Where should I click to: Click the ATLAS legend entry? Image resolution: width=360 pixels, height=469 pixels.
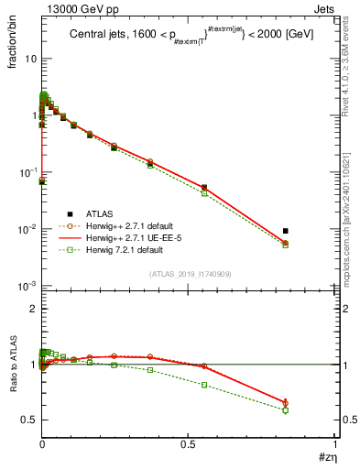click(x=101, y=213)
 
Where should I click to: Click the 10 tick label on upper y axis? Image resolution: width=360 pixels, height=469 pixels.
click(x=28, y=59)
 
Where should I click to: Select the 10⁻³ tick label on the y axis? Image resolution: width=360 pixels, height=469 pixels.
click(x=27, y=287)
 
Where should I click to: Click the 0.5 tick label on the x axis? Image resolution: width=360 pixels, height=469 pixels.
click(x=189, y=444)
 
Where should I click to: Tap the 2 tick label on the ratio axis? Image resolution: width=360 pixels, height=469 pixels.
click(x=32, y=310)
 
